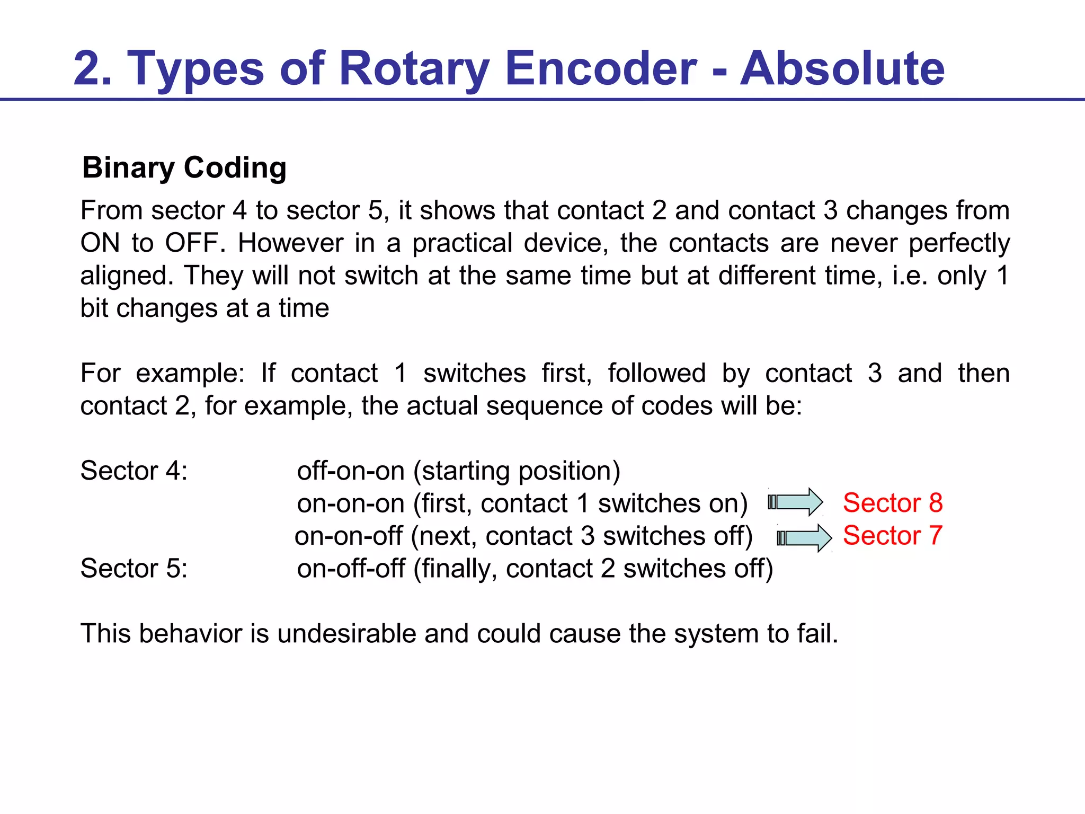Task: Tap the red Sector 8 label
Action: (x=893, y=502)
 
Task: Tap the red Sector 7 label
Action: (x=893, y=535)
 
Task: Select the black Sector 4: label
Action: (x=134, y=471)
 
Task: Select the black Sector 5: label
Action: (x=134, y=568)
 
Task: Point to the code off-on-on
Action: (x=351, y=471)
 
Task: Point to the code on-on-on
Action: (x=351, y=503)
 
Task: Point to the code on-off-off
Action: (x=351, y=568)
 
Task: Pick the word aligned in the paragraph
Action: (x=127, y=276)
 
